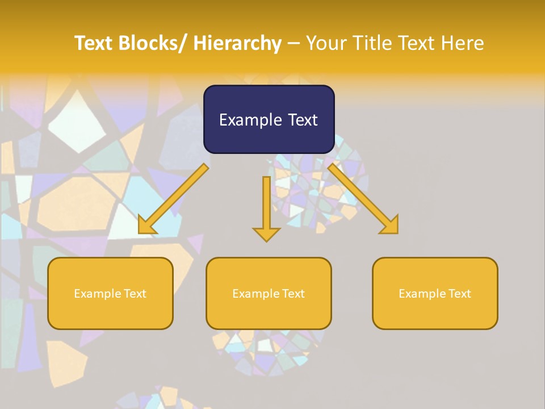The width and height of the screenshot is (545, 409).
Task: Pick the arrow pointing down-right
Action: tap(363, 199)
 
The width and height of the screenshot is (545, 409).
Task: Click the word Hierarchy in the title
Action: tap(237, 43)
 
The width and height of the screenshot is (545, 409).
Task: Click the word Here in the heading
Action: tap(460, 43)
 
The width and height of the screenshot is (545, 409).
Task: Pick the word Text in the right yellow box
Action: tap(459, 294)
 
